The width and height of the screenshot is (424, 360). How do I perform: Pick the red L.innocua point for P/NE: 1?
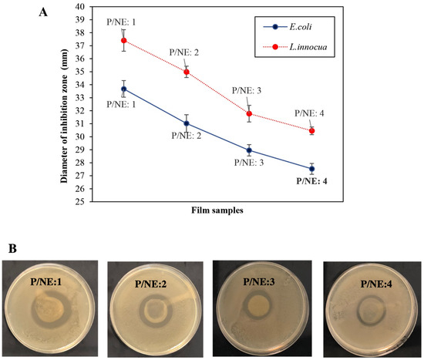(x=123, y=40)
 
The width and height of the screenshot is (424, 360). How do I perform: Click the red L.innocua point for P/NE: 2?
(x=187, y=72)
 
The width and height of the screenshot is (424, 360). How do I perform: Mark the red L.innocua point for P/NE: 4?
(x=311, y=131)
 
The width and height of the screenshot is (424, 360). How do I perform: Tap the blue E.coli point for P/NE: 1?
(x=123, y=89)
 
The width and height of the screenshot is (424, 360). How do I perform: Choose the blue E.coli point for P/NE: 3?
(x=249, y=150)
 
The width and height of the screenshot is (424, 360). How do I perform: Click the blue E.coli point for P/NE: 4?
(x=311, y=169)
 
